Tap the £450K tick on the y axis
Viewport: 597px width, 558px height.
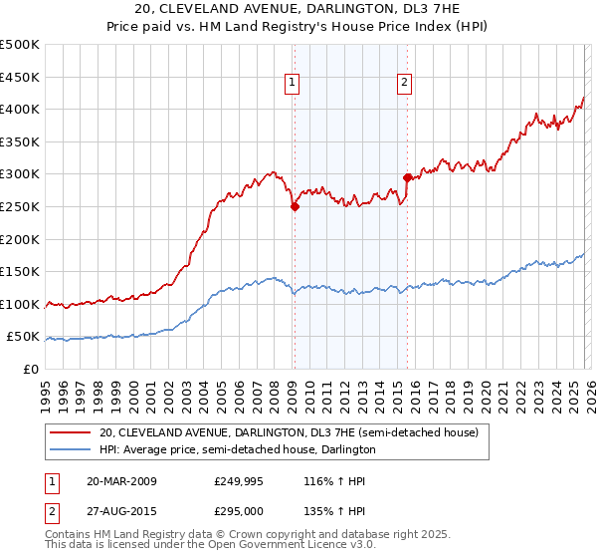click(x=20, y=77)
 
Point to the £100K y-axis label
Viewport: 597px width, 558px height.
click(x=20, y=304)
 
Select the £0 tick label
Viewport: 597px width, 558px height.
click(x=31, y=369)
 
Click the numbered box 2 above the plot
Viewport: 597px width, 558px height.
click(x=406, y=84)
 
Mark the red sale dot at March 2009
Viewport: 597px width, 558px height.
click(x=295, y=207)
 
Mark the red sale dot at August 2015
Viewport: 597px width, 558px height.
click(x=407, y=177)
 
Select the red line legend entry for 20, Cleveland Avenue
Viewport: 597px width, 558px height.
click(x=289, y=432)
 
